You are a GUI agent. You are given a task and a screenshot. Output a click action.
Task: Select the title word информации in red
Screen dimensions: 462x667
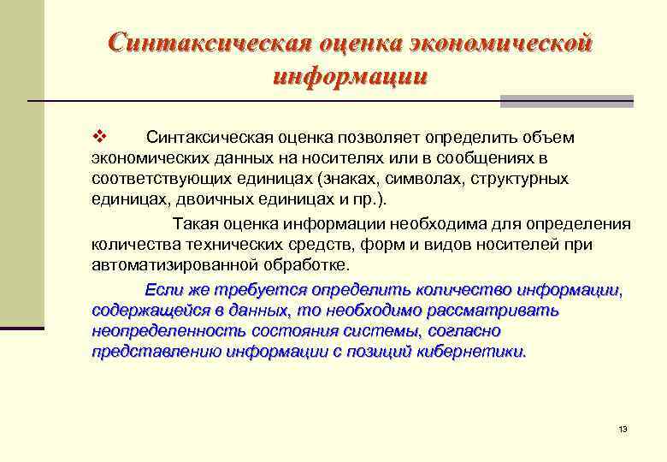click(350, 77)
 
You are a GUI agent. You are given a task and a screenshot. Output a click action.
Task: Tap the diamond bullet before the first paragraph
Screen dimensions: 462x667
click(97, 138)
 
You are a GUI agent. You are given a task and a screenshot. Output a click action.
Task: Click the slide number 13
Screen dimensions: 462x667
click(623, 429)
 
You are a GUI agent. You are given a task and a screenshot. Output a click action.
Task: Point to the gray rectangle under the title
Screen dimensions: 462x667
click(566, 102)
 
